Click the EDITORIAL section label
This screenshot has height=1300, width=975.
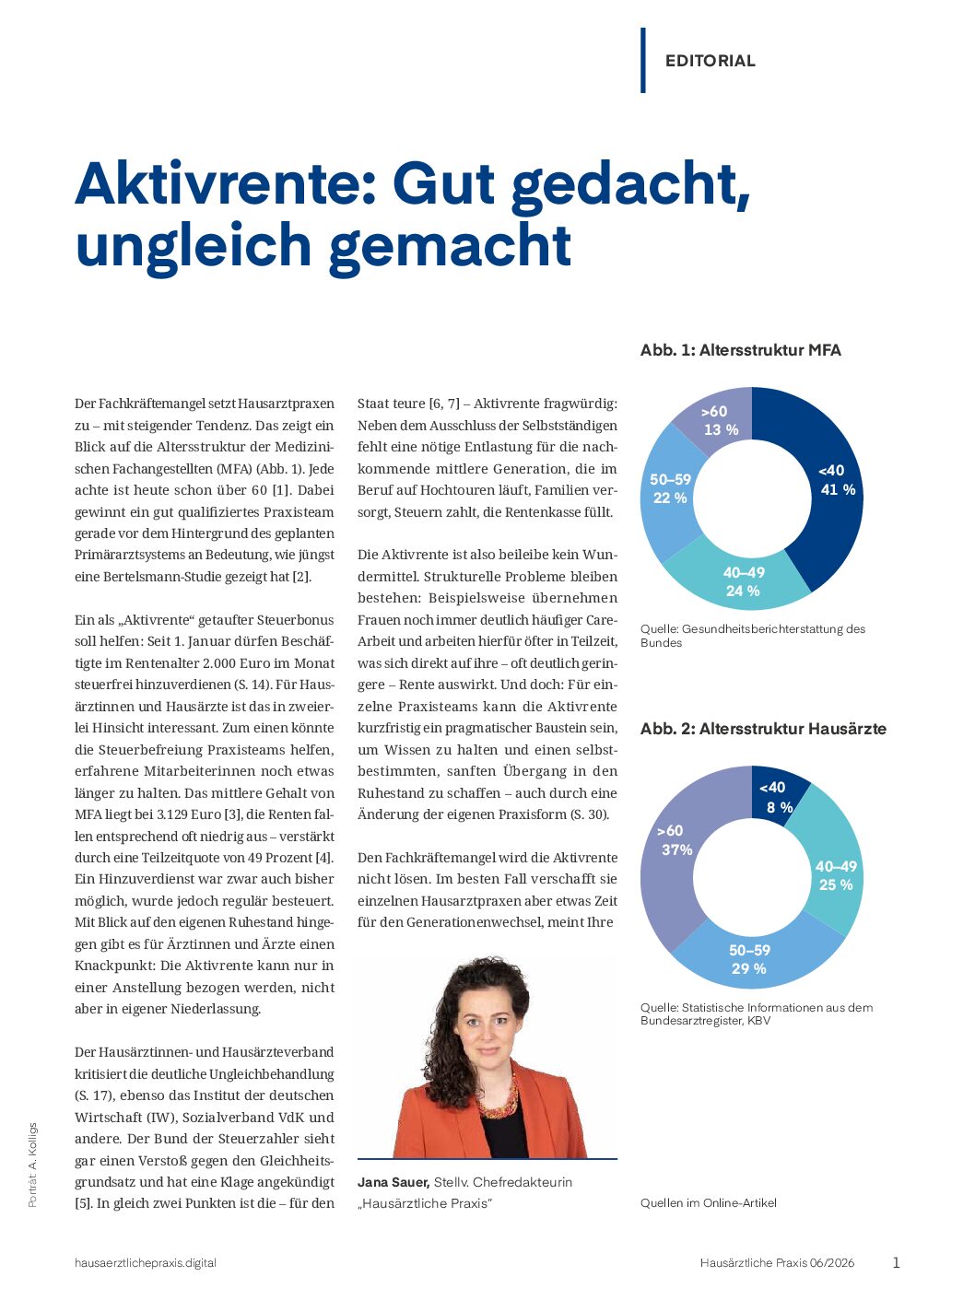(x=710, y=61)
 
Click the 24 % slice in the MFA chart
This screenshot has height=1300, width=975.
(x=743, y=581)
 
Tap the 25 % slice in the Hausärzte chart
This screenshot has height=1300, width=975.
(x=835, y=875)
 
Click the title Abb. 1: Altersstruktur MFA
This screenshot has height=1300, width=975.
(x=740, y=350)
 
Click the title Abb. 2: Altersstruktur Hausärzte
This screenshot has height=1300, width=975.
(x=763, y=729)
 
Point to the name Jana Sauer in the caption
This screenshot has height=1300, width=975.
(x=394, y=1182)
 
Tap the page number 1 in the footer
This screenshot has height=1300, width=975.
(x=896, y=1263)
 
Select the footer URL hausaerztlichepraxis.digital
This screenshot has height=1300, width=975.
(x=146, y=1263)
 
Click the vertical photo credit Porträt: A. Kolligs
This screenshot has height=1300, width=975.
(x=33, y=1165)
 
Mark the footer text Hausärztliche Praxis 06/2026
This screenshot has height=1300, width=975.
(x=777, y=1263)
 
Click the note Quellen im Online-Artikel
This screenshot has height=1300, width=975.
(x=708, y=1203)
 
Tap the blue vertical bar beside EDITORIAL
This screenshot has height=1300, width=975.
(x=643, y=61)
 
